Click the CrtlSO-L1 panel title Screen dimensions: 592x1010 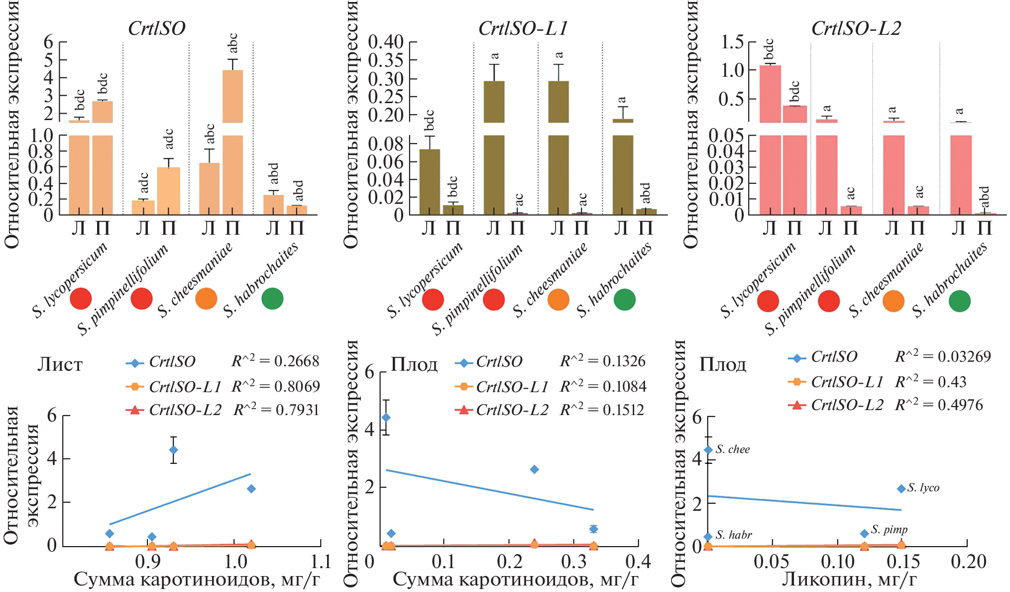coord(523,28)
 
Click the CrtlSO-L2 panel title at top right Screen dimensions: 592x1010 coord(856,28)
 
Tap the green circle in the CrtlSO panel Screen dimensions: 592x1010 coord(272,298)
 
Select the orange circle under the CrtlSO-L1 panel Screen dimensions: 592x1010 coord(558,300)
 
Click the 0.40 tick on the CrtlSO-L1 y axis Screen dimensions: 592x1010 coord(385,42)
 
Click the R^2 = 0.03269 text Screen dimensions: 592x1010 coord(943,357)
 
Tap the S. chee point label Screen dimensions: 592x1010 coord(733,449)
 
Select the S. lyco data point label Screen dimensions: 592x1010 coord(923,488)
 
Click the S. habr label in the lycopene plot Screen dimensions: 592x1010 coord(734,535)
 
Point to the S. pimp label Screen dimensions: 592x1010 coord(889,529)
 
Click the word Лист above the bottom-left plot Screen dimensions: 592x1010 coord(60,365)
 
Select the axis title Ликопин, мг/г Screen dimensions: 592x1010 coord(849,579)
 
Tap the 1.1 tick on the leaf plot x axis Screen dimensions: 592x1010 coord(321,562)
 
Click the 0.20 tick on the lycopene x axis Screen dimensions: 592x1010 coord(968,562)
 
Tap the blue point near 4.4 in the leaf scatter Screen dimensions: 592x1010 coord(173,449)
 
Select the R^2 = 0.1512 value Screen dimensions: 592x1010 coord(602,410)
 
